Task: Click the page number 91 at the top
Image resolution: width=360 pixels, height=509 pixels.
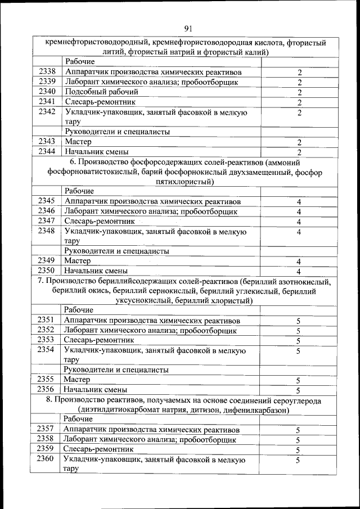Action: coord(188,29)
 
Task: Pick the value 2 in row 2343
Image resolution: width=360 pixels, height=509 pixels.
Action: coord(300,142)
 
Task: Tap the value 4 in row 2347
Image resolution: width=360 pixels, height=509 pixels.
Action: coord(300,222)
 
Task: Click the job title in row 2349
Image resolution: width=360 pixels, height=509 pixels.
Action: coord(78,261)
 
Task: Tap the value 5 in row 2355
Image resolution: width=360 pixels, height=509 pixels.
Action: coord(298,380)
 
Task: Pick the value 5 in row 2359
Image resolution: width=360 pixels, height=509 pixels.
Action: coord(298,450)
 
